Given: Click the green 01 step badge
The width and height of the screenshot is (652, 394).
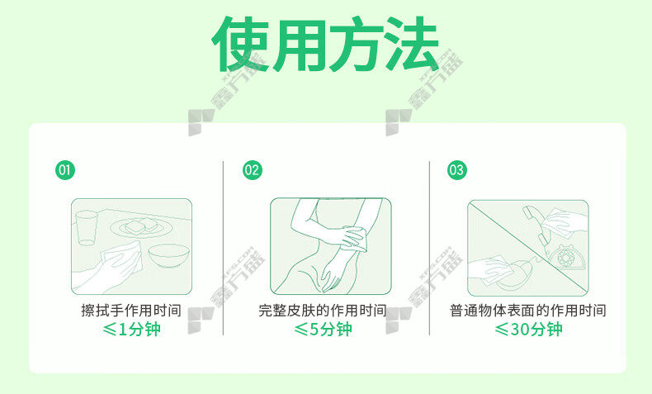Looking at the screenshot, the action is click(65, 170).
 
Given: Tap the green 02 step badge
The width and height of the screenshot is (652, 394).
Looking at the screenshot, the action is click(253, 170).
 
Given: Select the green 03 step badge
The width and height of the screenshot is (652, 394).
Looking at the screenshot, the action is click(457, 170).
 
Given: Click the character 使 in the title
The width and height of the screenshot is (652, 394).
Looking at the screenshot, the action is click(240, 44).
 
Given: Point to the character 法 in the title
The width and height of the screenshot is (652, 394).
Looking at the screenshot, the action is click(411, 44).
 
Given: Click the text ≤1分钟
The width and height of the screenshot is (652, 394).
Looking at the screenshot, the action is click(131, 329).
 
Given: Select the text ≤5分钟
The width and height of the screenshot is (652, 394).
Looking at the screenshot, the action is click(323, 329).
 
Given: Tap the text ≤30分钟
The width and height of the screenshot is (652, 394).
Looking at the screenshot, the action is click(528, 329).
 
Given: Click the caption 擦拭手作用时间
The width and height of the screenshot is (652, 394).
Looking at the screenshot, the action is click(131, 310).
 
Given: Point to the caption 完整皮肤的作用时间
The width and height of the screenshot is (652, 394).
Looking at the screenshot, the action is click(323, 310).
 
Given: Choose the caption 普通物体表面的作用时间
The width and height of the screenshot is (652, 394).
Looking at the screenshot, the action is click(527, 310).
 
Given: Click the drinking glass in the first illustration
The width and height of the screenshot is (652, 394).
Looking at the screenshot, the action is click(87, 228).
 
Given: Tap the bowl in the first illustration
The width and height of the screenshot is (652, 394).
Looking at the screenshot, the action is click(169, 255).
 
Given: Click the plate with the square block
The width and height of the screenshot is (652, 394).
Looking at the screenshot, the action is click(142, 228).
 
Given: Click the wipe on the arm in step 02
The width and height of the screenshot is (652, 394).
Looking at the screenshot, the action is click(357, 238).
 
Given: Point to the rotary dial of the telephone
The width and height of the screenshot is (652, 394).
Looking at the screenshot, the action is click(565, 258).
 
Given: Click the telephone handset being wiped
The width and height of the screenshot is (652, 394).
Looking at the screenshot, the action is click(537, 227).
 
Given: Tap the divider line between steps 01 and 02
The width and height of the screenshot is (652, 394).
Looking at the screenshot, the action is click(224, 248).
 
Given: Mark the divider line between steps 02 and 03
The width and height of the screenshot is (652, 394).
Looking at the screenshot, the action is click(429, 248).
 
